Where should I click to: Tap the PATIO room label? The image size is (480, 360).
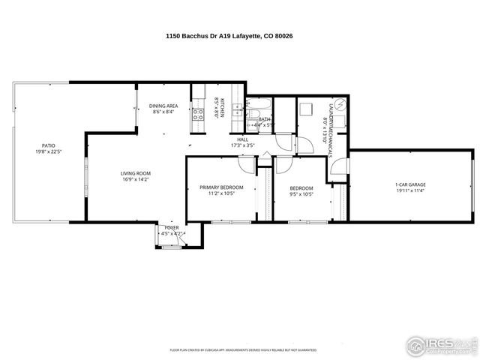48,145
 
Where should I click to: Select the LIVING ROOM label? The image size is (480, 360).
136,174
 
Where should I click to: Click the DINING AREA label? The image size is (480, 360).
163,106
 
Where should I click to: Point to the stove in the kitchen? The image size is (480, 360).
199,114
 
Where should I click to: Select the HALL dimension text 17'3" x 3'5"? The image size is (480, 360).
243,145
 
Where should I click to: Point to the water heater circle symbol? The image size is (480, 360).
339,104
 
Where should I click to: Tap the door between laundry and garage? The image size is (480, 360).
338,168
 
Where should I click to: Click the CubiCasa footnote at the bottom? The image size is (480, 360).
243,349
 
